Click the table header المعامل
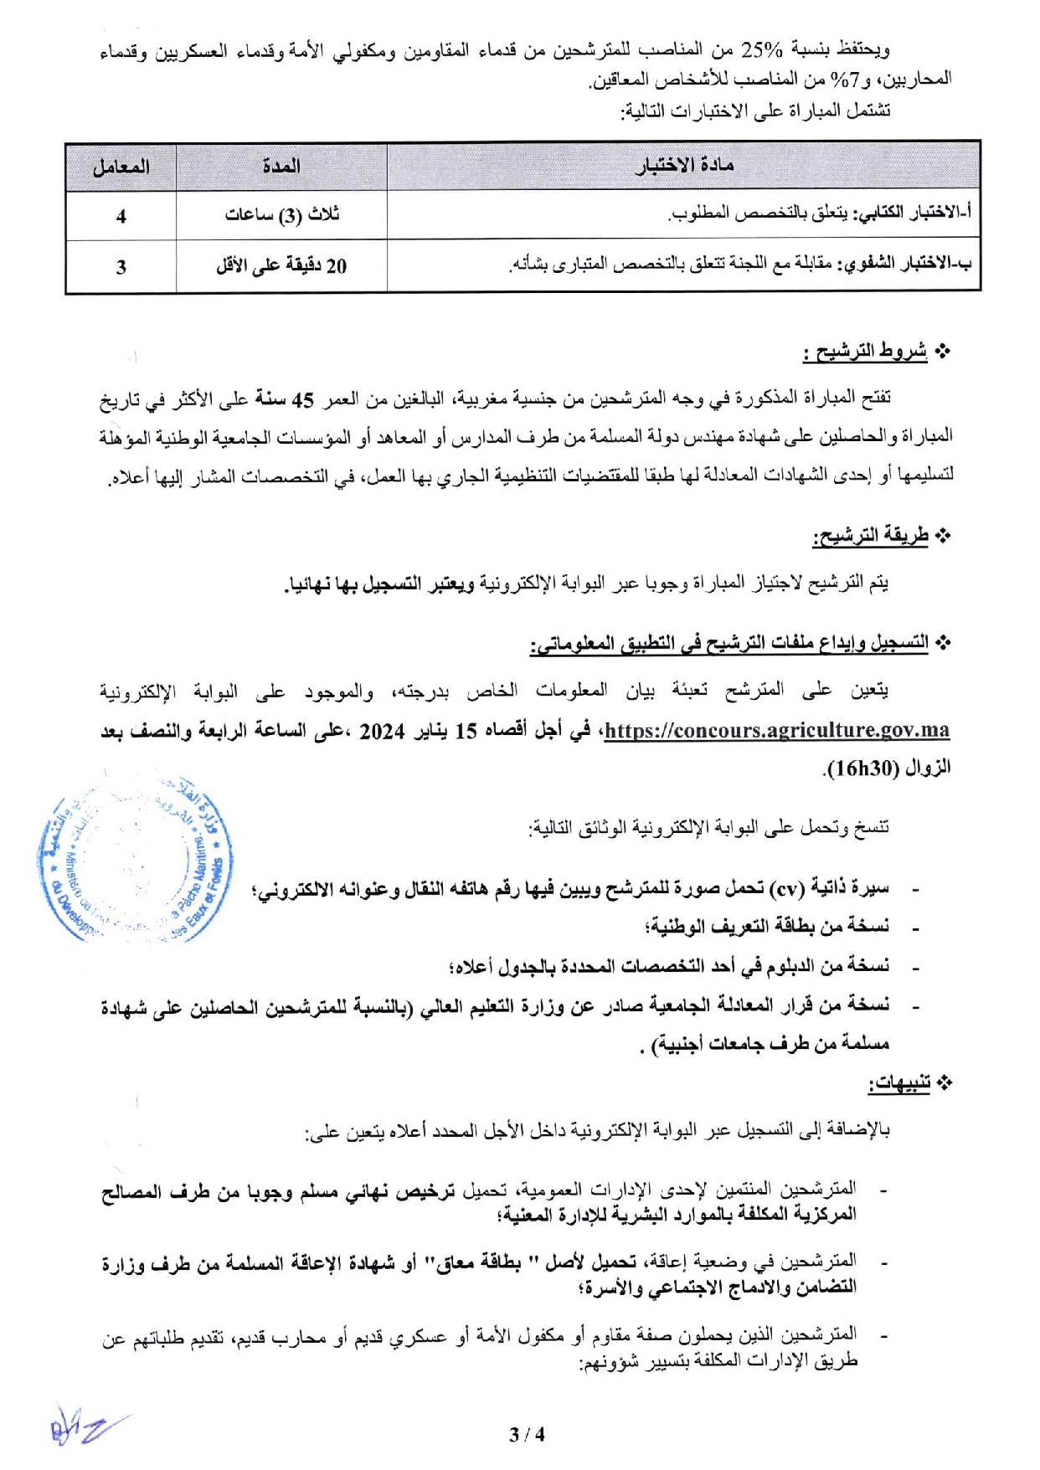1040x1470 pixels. [121, 167]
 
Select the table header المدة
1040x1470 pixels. [281, 167]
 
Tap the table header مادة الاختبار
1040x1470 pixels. [683, 167]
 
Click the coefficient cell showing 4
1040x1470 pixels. [121, 217]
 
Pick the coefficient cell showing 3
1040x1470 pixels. [121, 267]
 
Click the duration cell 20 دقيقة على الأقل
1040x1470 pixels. [281, 267]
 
